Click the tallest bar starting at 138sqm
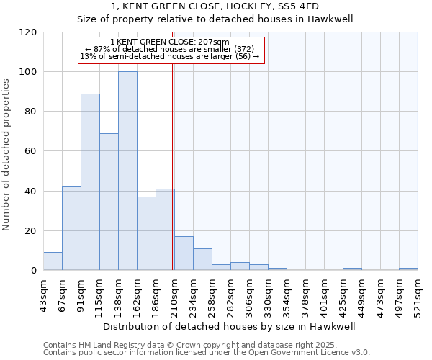[127, 171]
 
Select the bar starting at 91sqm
[90, 182]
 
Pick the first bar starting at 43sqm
[53, 261]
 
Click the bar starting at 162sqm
[146, 233]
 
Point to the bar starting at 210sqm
[184, 253]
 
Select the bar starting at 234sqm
[202, 259]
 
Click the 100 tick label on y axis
[27, 72]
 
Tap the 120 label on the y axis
[27, 32]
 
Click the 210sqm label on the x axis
[174, 294]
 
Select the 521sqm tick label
[417, 294]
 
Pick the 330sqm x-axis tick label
[267, 294]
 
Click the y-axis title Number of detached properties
[8, 155]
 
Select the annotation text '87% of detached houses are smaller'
[171, 49]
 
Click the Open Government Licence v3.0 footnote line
[207, 353]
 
